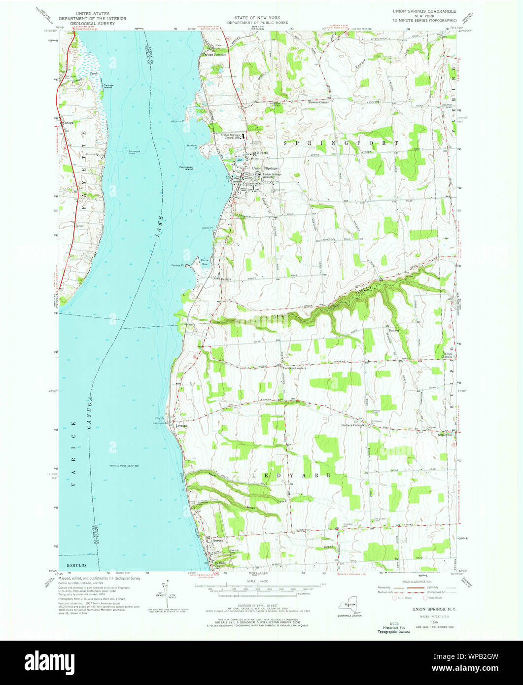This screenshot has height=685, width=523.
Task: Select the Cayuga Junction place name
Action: [x=214, y=55]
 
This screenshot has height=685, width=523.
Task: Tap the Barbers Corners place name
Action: [x=352, y=425]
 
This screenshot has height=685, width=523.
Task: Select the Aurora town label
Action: [x=218, y=541]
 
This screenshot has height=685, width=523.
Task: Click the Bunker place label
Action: [x=394, y=330]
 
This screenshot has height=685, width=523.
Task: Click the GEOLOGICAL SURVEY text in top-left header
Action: [x=87, y=23]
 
